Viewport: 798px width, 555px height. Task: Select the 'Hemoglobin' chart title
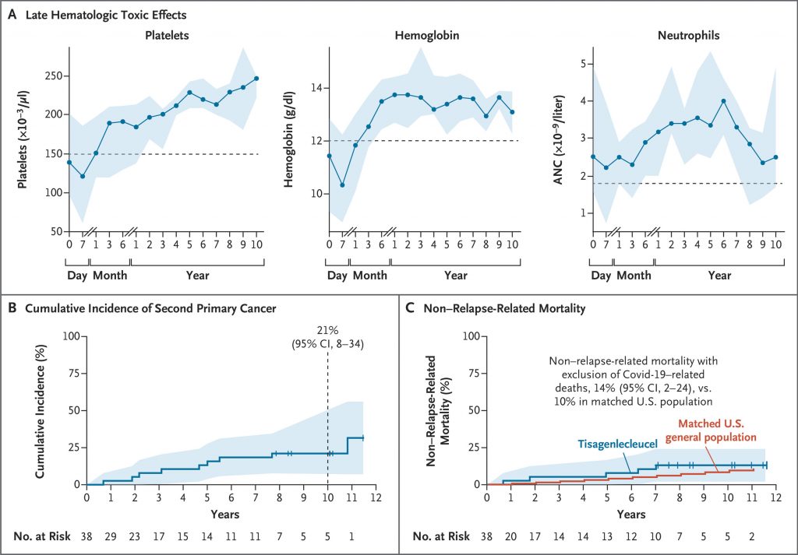coord(427,35)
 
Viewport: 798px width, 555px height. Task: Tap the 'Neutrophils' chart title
coord(688,36)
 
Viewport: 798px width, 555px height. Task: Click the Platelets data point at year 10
coord(256,79)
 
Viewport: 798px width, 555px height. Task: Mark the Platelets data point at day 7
coord(82,177)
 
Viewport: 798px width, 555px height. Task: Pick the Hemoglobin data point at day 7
coord(342,185)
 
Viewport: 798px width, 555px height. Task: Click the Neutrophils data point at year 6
coord(723,100)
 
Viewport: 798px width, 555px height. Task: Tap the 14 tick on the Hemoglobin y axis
coord(316,89)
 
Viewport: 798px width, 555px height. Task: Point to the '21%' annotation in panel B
coord(327,331)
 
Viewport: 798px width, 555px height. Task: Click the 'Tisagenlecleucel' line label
coord(618,444)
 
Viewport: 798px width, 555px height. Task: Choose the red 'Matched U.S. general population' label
coord(717,430)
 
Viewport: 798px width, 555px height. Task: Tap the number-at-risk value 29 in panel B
coord(111,536)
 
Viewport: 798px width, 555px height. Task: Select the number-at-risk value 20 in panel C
coord(511,536)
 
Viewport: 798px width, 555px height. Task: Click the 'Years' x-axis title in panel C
coord(631,515)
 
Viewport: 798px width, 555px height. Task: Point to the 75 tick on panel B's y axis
coord(74,373)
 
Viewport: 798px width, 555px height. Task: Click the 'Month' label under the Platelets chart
coord(110,276)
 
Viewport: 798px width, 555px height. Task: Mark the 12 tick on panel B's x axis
coord(376,497)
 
